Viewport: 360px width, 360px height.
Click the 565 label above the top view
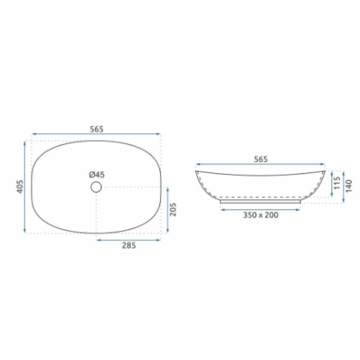[x=96, y=129]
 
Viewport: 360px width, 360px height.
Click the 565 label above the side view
[x=261, y=159]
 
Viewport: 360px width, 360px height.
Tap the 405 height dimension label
[x=21, y=186]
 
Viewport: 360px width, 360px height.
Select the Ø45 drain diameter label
[x=97, y=175]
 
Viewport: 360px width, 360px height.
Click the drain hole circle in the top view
[x=96, y=187]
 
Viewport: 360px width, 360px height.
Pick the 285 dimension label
[x=129, y=246]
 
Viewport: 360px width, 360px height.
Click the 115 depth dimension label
[x=337, y=183]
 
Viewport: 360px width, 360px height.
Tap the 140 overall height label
[x=348, y=186]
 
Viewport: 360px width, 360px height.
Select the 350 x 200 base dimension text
[x=261, y=215]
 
